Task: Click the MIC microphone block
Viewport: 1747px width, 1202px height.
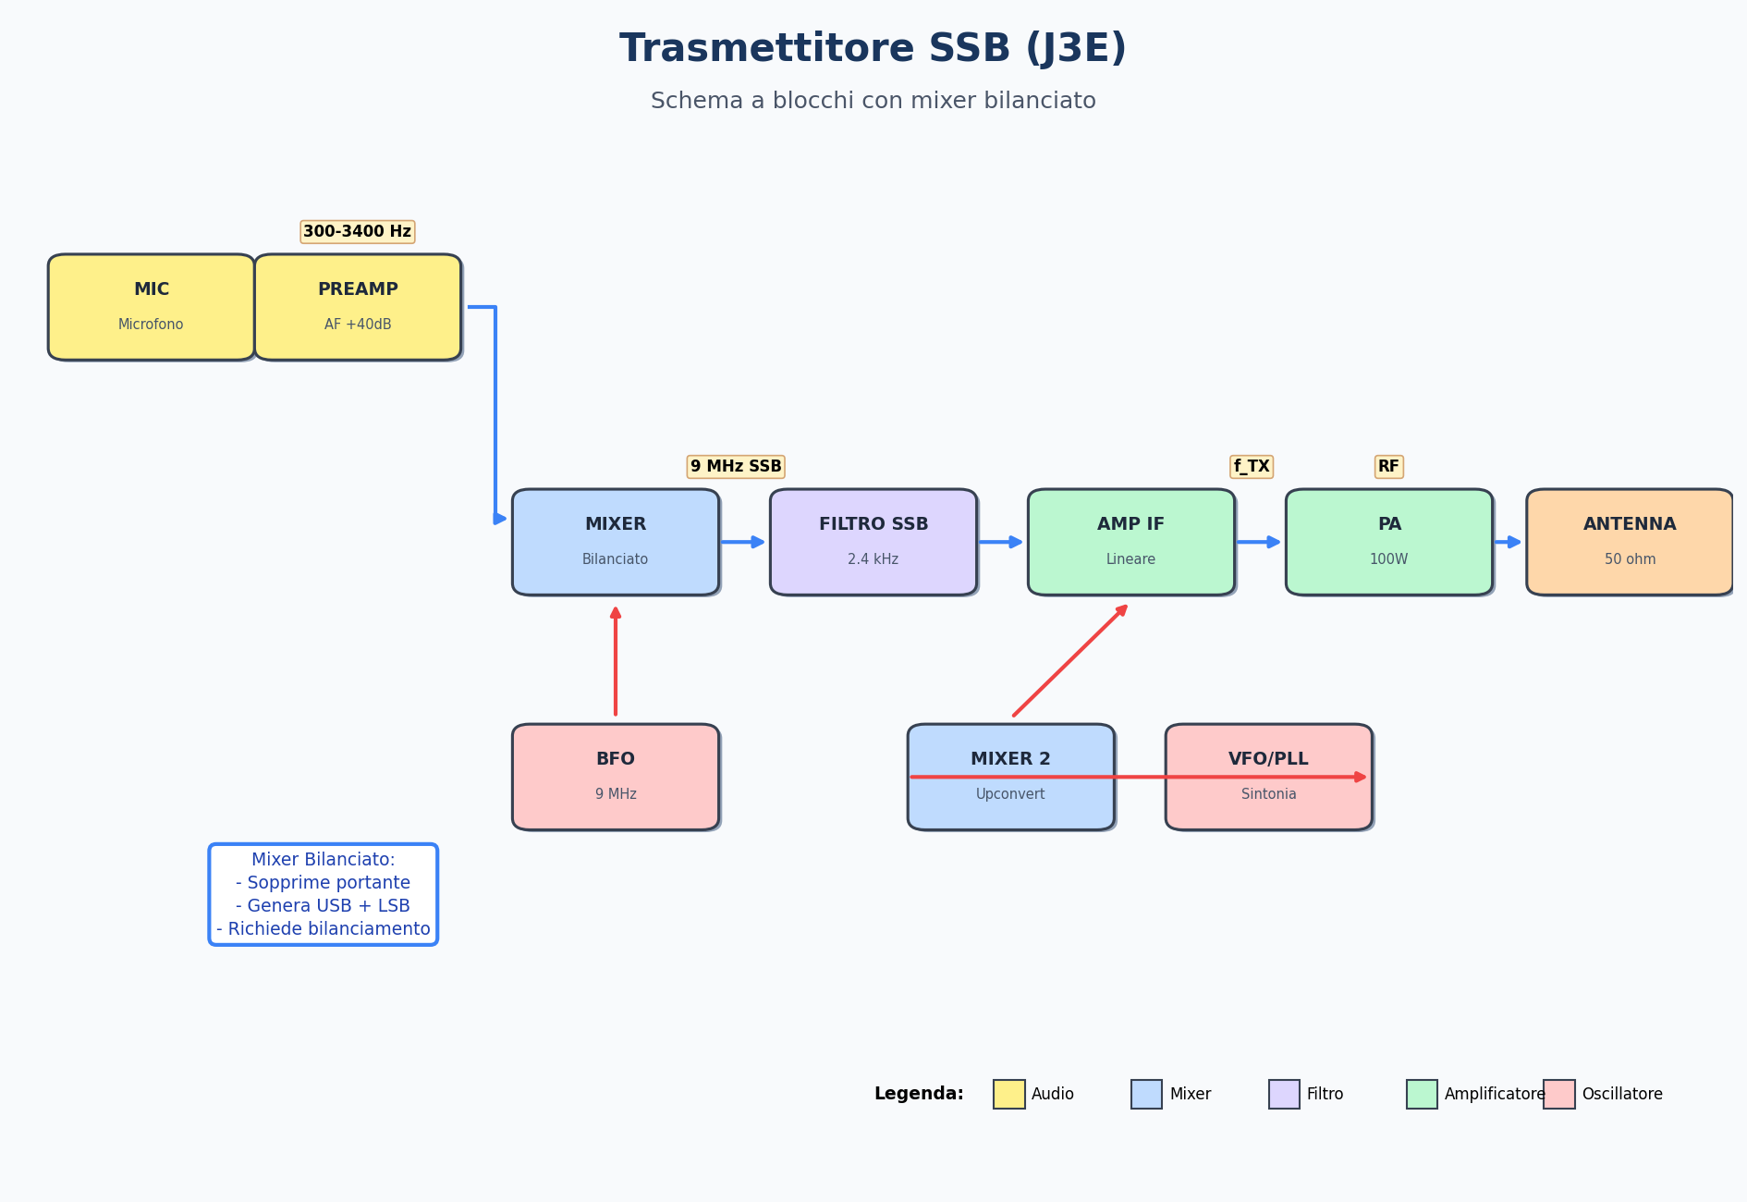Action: pyautogui.click(x=151, y=307)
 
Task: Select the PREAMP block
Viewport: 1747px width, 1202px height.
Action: pyautogui.click(x=358, y=307)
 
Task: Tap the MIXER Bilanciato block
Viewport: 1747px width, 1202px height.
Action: pyautogui.click(x=616, y=542)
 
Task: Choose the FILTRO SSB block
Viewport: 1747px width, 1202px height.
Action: pyautogui.click(x=873, y=542)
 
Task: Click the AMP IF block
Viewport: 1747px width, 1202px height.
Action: pyautogui.click(x=1131, y=542)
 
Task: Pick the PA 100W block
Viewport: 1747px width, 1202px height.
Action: pyautogui.click(x=1389, y=542)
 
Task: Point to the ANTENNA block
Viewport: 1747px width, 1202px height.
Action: pyautogui.click(x=1630, y=542)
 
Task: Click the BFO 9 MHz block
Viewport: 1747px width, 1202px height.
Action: pyautogui.click(x=616, y=777)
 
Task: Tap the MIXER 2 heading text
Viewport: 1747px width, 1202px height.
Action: pyautogui.click(x=1010, y=759)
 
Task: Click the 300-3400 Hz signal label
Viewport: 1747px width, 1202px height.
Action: pyautogui.click(x=358, y=232)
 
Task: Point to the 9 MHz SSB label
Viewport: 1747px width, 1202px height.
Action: pyautogui.click(x=736, y=467)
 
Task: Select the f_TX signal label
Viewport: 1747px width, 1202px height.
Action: pyautogui.click(x=1252, y=467)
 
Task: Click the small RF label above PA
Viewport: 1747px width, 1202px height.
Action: pyautogui.click(x=1389, y=467)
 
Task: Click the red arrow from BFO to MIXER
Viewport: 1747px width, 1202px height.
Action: pyautogui.click(x=616, y=661)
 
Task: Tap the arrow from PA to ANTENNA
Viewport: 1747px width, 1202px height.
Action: pyautogui.click(x=1508, y=542)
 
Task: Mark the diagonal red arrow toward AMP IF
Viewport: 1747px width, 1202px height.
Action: pyautogui.click(x=1069, y=661)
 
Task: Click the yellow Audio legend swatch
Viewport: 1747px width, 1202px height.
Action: pyautogui.click(x=1008, y=1094)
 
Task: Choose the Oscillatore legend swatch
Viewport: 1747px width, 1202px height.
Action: pyautogui.click(x=1558, y=1094)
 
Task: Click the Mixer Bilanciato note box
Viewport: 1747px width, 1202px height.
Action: pyautogui.click(x=324, y=894)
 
